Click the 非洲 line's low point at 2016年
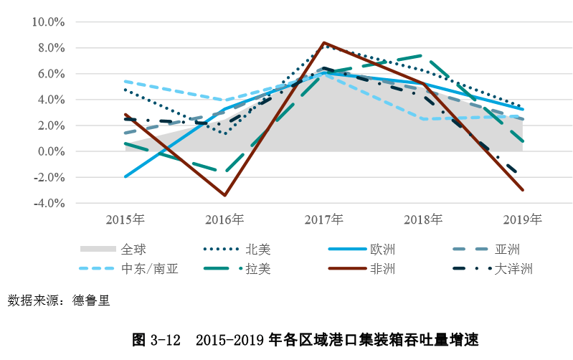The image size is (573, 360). (x=224, y=195)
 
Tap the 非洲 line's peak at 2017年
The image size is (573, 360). (x=323, y=42)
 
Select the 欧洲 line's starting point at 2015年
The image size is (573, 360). (x=126, y=176)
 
